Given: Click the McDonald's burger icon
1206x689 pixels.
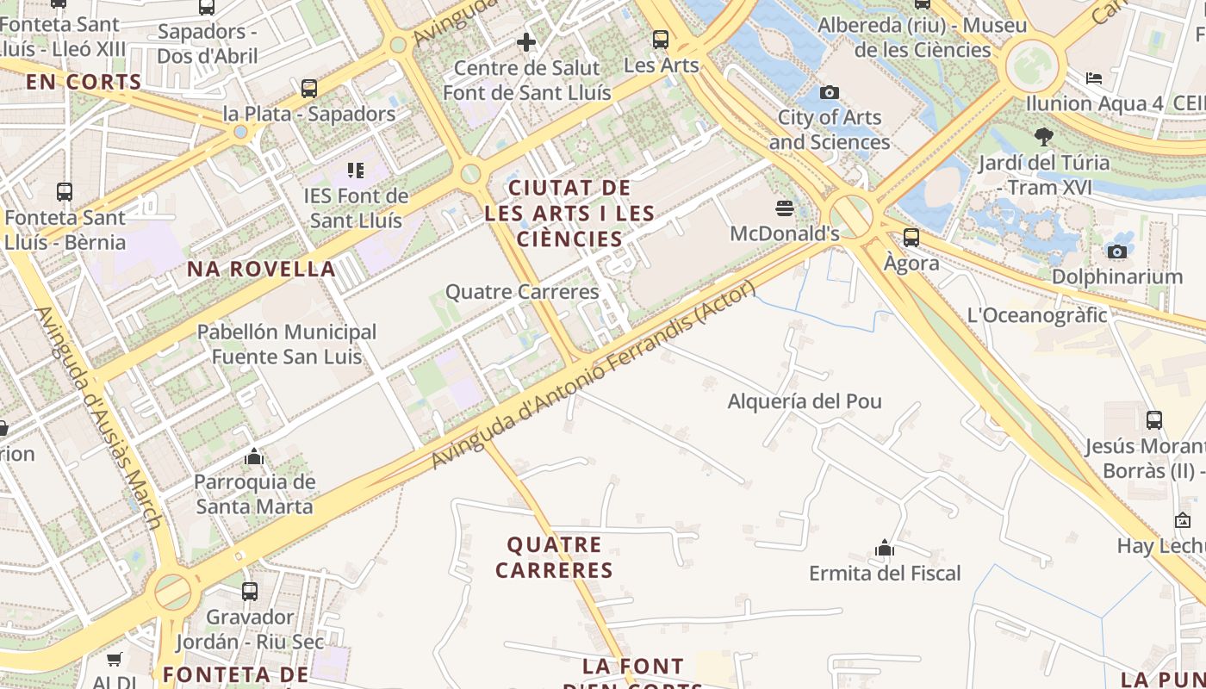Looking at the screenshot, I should click(x=784, y=208).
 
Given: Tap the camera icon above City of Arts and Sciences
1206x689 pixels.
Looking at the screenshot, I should click(x=830, y=92).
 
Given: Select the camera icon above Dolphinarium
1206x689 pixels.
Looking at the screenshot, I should click(x=1117, y=251).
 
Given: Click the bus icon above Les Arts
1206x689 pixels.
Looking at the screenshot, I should click(x=661, y=39).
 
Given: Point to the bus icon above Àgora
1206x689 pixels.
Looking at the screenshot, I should click(x=911, y=238).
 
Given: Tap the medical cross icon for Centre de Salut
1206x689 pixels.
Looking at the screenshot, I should click(x=526, y=41).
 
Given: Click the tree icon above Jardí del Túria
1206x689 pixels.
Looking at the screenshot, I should click(x=1044, y=136).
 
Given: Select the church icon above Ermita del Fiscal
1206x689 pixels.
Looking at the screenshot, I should click(x=884, y=548).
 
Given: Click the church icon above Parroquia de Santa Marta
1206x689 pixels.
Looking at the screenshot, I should click(x=254, y=456).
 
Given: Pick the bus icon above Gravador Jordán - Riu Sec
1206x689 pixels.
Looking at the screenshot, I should click(x=250, y=592).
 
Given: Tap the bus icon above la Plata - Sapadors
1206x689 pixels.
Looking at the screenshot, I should click(x=309, y=88).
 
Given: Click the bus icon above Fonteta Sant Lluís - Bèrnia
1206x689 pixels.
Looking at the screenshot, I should click(x=65, y=191).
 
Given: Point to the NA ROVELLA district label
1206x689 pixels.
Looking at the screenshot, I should click(x=261, y=269).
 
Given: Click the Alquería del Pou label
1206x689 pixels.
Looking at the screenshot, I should click(x=805, y=401).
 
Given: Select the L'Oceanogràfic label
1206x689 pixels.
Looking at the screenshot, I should click(x=1037, y=315).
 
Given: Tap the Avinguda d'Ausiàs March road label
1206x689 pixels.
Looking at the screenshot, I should click(x=99, y=418).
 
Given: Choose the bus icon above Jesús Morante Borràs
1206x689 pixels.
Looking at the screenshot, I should click(x=1154, y=420).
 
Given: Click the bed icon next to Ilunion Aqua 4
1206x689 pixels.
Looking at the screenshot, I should click(x=1094, y=78).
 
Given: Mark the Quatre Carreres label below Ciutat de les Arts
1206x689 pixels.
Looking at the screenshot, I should click(x=522, y=292).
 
